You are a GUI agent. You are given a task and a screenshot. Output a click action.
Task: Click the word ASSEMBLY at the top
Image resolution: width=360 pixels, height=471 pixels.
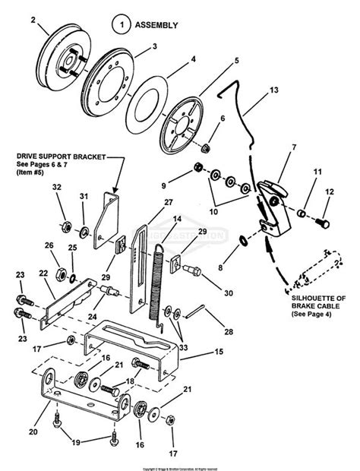click(156, 24)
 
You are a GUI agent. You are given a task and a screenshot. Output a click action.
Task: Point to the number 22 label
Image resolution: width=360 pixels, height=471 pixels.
click(43, 273)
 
